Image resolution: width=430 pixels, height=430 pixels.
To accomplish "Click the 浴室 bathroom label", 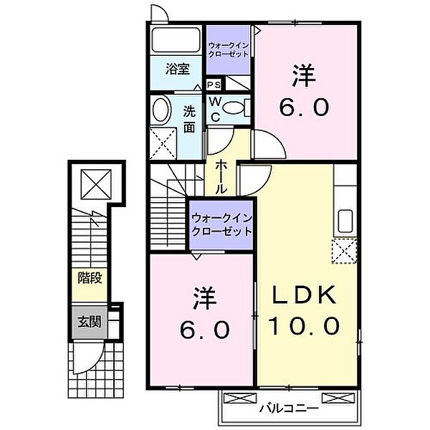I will point(178,70).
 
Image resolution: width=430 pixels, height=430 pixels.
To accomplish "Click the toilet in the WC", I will point(233,108).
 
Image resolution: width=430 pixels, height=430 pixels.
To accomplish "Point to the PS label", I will point(214,85).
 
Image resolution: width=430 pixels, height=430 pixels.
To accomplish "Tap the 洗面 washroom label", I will point(189,119).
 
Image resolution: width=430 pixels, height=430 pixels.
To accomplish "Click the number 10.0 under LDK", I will point(302,326).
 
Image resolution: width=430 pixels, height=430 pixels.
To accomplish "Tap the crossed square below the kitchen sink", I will point(344,252).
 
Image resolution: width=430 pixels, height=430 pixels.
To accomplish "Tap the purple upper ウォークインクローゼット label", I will point(229,48).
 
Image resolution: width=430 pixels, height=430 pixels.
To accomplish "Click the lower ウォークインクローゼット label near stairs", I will point(221,224).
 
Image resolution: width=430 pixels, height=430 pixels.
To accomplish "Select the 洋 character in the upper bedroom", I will point(302,75).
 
